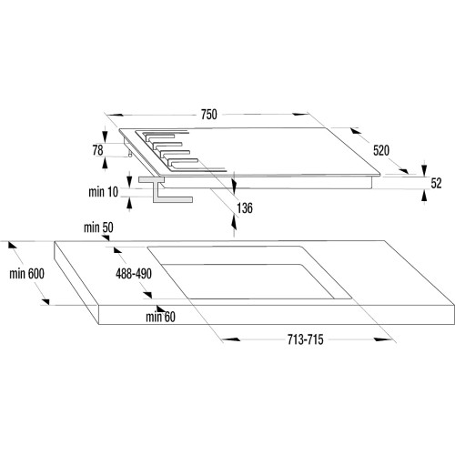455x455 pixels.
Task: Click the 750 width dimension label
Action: pyautogui.click(x=209, y=115)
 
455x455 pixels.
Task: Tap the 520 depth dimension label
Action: pyautogui.click(x=381, y=150)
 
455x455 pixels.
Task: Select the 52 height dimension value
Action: pyautogui.click(x=436, y=183)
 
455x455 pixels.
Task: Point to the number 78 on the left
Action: pyautogui.click(x=97, y=150)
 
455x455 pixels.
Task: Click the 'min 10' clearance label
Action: pyautogui.click(x=103, y=192)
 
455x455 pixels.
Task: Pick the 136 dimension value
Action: pyautogui.click(x=245, y=208)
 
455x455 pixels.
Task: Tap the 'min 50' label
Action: pyautogui.click(x=98, y=227)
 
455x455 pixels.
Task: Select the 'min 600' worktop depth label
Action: pyautogui.click(x=26, y=274)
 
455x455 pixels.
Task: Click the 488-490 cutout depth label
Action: pyautogui.click(x=134, y=274)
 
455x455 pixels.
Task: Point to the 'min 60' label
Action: pyautogui.click(x=160, y=317)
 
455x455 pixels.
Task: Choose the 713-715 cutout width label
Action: pyautogui.click(x=306, y=339)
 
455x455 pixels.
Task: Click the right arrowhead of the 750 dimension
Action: pyautogui.click(x=300, y=115)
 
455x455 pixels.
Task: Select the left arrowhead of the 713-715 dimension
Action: pyautogui.click(x=232, y=339)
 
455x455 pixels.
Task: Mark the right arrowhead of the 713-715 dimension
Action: pyautogui.click(x=383, y=339)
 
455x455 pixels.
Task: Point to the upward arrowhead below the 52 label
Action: pyautogui.click(x=424, y=197)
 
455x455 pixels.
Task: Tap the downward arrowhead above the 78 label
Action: pyautogui.click(x=105, y=136)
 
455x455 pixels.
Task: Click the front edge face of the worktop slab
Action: pyautogui.click(x=277, y=315)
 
